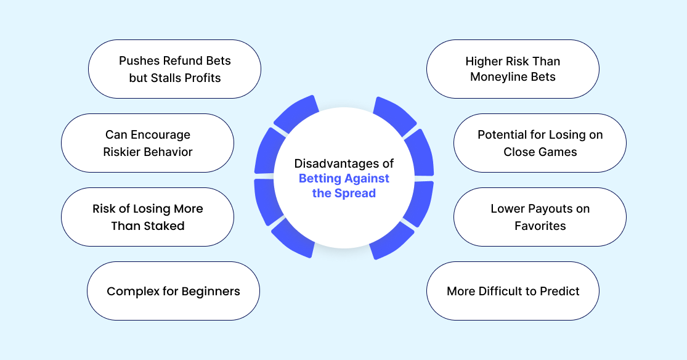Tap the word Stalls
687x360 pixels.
coord(166,78)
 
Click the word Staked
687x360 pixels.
coord(165,226)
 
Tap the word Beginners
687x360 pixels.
coord(211,292)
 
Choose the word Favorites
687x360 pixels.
coord(540,226)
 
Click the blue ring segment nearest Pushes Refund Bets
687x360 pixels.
coord(296,114)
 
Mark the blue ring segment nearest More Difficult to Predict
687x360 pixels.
coord(391,241)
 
